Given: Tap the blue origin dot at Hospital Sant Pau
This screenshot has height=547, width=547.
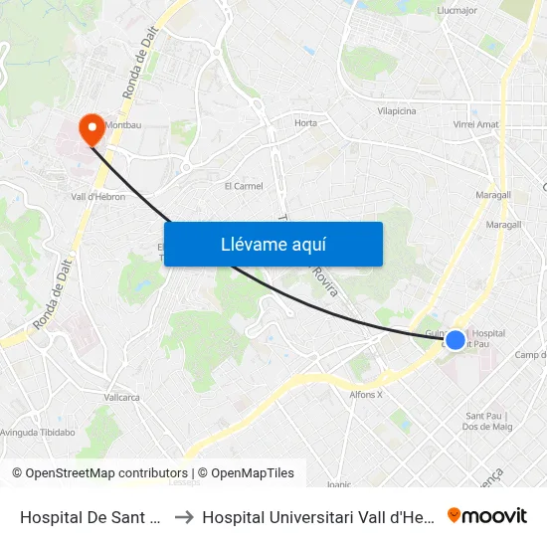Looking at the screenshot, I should pyautogui.click(x=455, y=340).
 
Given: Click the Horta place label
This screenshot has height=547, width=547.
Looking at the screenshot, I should pyautogui.click(x=305, y=123).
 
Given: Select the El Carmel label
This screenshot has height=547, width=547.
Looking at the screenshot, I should pyautogui.click(x=243, y=186).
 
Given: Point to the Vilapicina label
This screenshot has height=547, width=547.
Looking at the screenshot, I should pyautogui.click(x=396, y=112).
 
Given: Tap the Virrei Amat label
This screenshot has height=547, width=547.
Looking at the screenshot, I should pyautogui.click(x=475, y=124).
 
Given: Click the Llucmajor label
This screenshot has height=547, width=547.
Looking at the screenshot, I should pyautogui.click(x=458, y=11).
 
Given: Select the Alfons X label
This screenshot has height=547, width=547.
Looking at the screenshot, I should pyautogui.click(x=366, y=395).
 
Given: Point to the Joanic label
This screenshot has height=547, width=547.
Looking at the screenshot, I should pyautogui.click(x=339, y=484).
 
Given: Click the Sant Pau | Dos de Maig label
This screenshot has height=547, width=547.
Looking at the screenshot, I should pyautogui.click(x=486, y=421).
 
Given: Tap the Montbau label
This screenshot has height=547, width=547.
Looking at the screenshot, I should pyautogui.click(x=123, y=126).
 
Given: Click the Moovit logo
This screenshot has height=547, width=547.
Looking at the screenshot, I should pyautogui.click(x=487, y=515).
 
